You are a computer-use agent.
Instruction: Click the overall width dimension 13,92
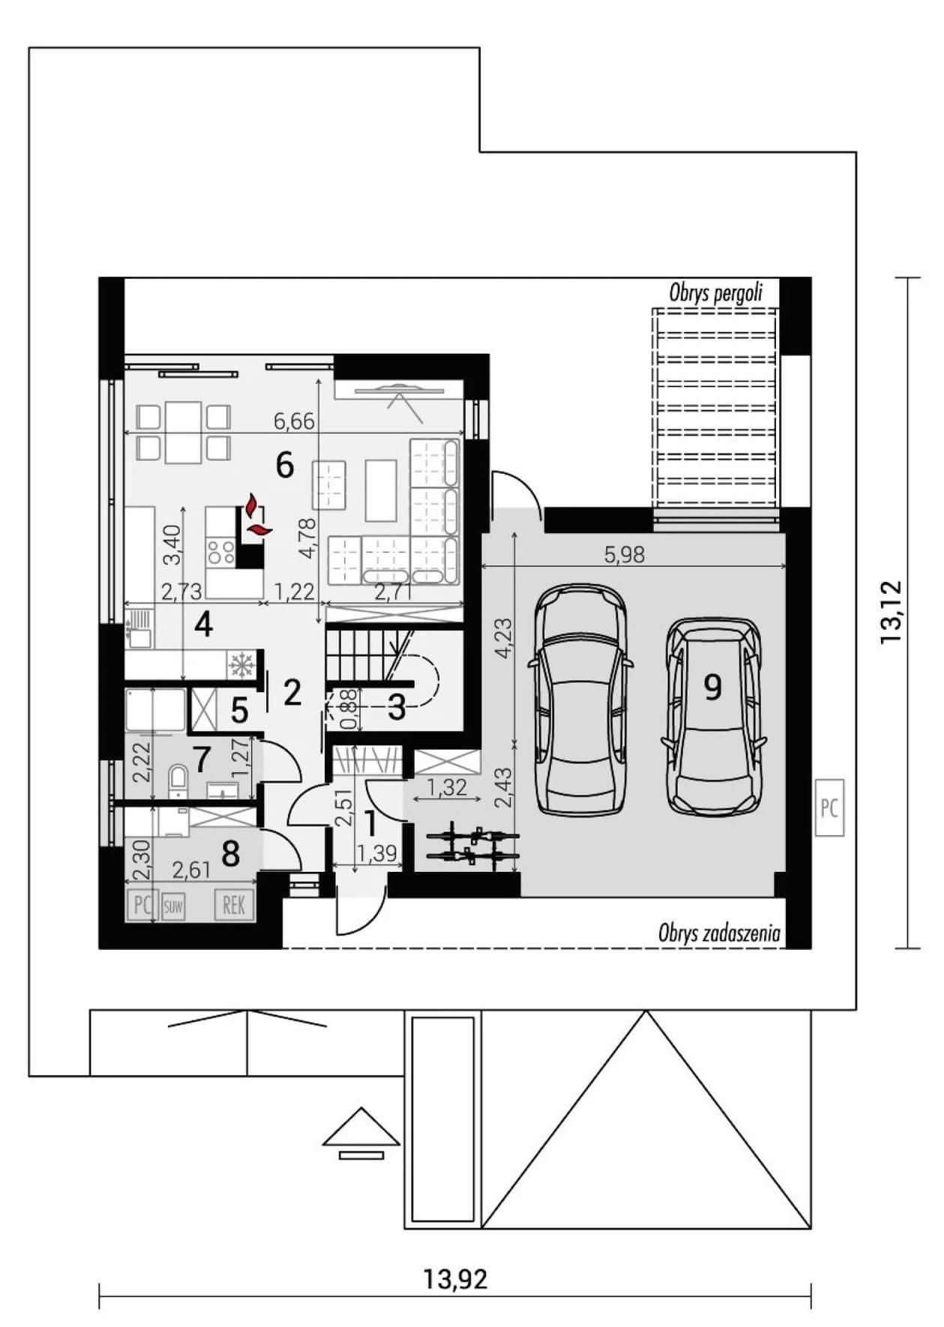click(x=455, y=1278)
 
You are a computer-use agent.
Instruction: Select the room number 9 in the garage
click(x=712, y=686)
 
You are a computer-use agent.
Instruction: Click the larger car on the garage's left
click(x=580, y=699)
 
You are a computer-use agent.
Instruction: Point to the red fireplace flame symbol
click(x=256, y=516)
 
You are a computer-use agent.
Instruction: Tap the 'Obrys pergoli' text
click(x=716, y=292)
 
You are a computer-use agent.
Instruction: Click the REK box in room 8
click(x=234, y=906)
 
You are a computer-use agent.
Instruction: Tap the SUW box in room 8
click(x=172, y=906)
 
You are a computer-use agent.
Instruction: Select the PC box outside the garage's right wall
click(x=829, y=808)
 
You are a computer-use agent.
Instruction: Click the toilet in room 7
click(x=178, y=780)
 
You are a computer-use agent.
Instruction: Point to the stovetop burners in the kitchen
click(x=220, y=553)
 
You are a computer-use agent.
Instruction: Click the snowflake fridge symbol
click(x=241, y=664)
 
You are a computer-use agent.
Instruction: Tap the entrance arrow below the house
click(x=361, y=1133)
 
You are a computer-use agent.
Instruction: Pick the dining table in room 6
click(x=184, y=433)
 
